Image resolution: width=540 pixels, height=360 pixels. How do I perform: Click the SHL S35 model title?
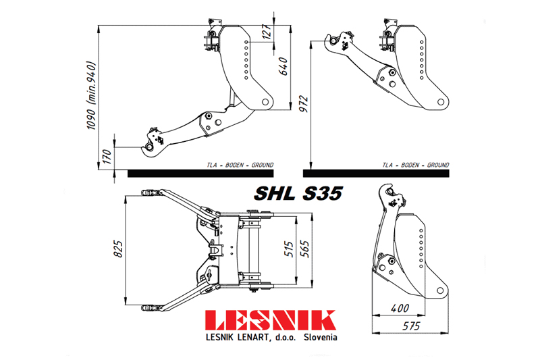[x=298, y=192]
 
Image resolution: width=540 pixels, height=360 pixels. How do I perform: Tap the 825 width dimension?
[x=118, y=251]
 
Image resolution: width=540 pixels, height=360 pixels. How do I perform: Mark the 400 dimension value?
[x=400, y=308]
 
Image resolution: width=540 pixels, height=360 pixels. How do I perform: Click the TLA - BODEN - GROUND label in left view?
[x=240, y=165]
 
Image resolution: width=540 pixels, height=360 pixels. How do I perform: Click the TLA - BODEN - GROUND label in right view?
[x=415, y=165]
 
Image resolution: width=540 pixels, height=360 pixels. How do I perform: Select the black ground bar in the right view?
[x=379, y=174]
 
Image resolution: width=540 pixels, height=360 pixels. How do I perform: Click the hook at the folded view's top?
[x=387, y=190]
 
